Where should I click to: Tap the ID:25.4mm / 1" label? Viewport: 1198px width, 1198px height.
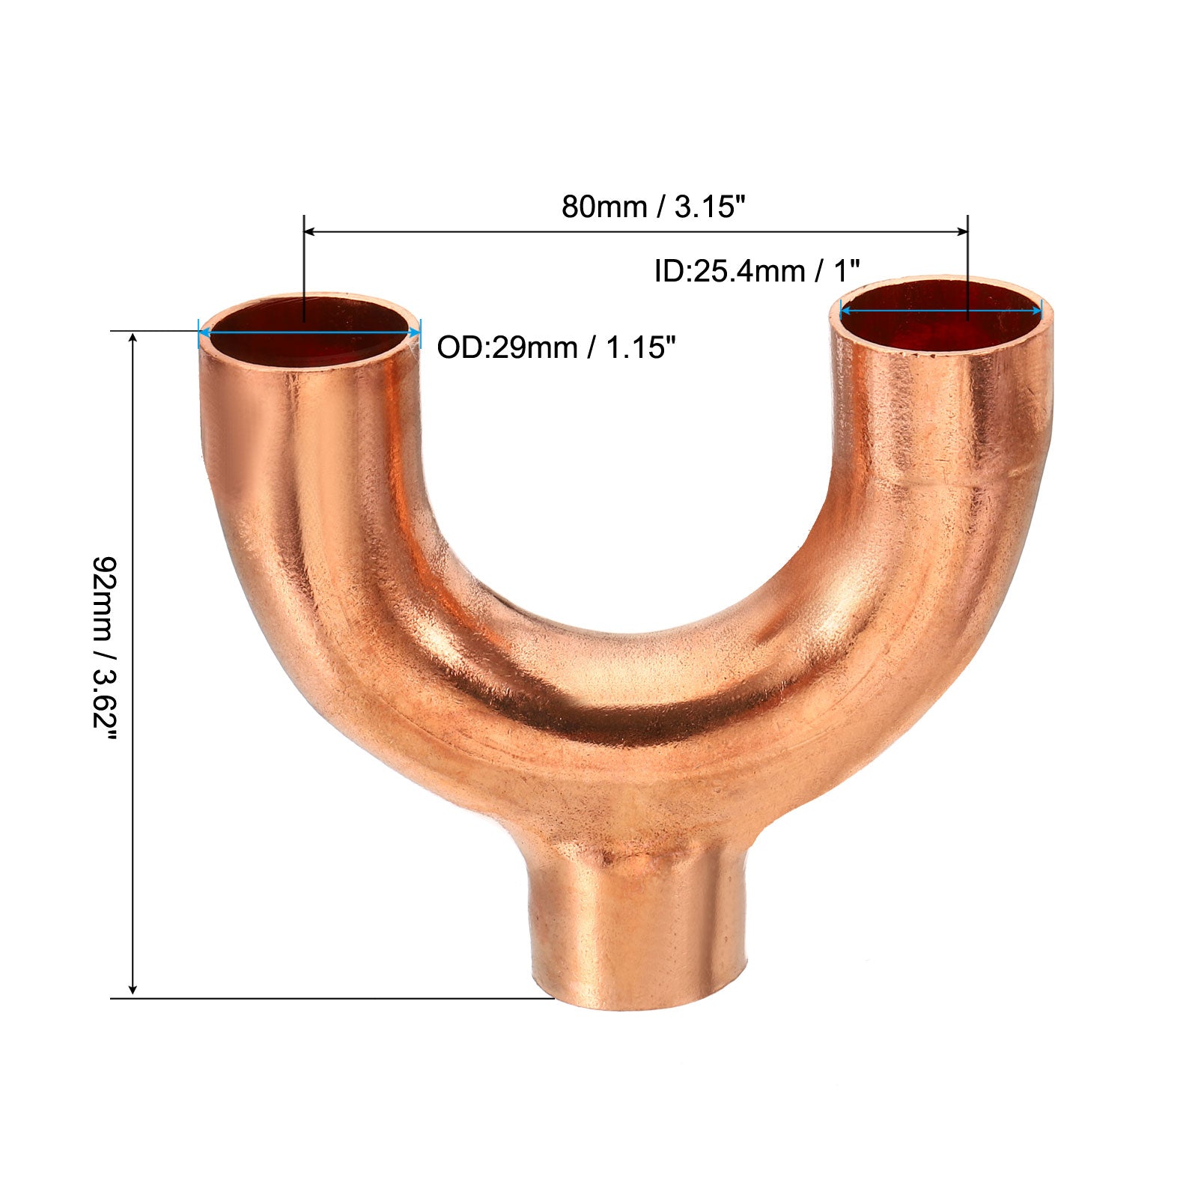[x=757, y=271]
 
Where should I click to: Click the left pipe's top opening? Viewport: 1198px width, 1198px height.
[x=309, y=329]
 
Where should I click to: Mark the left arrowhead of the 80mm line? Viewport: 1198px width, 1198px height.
[x=311, y=232]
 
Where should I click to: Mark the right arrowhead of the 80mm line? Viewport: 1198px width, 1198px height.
[x=960, y=232]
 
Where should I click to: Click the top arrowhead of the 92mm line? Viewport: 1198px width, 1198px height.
[x=133, y=339]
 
